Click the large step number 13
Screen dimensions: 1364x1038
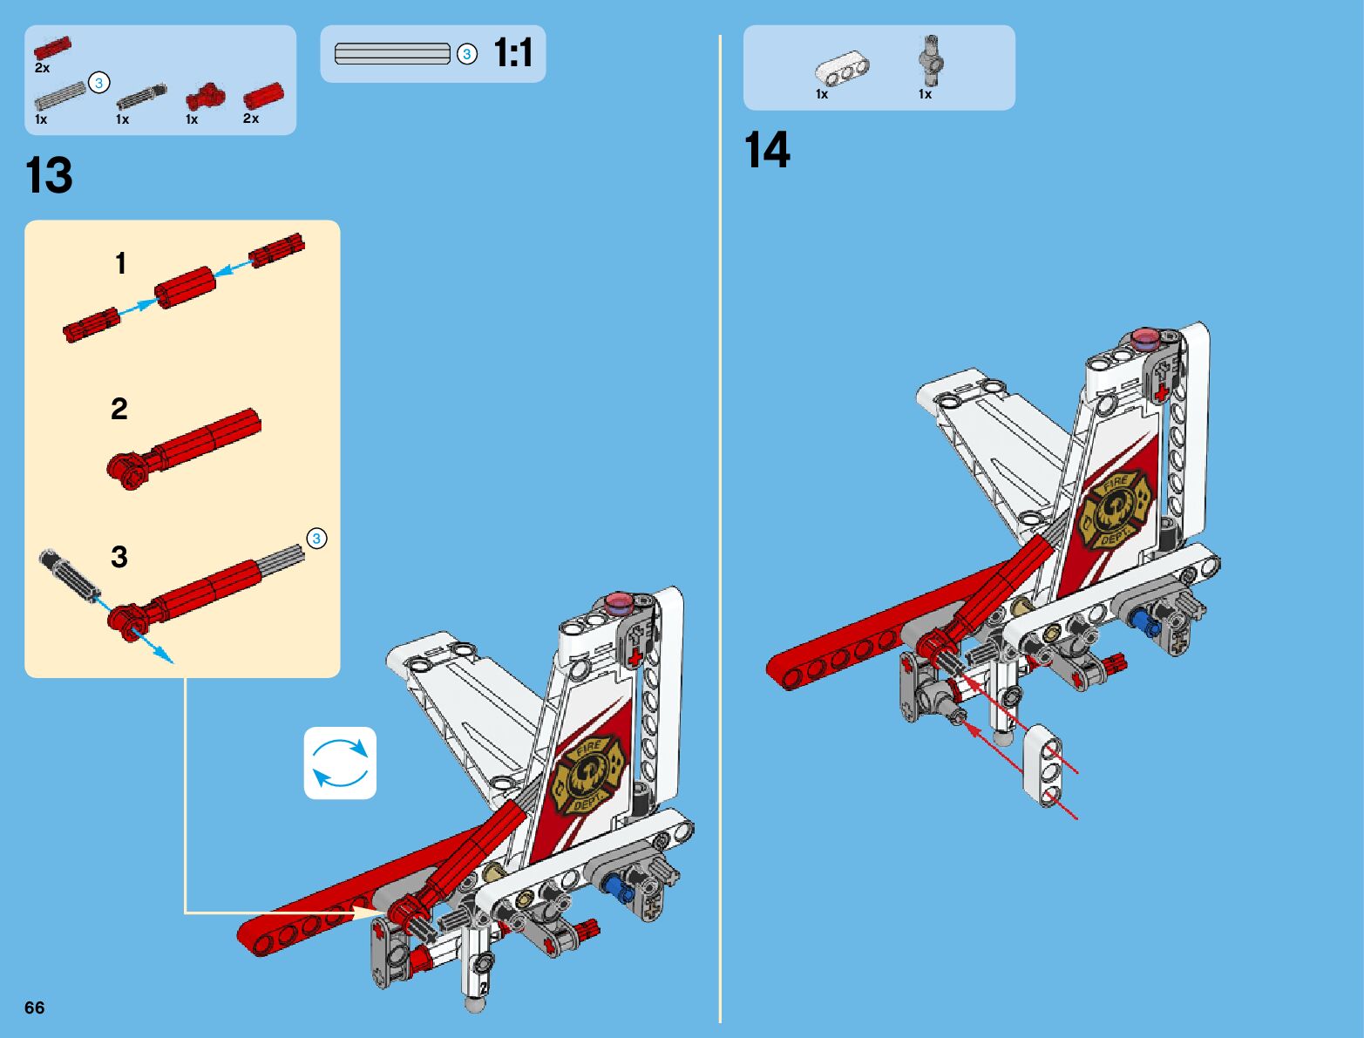click(50, 177)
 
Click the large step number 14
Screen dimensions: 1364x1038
click(767, 151)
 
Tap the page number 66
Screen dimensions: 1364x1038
click(34, 1007)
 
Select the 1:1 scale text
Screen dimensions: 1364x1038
click(513, 53)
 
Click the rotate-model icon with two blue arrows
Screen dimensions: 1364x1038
click(340, 763)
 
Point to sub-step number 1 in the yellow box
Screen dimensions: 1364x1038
click(121, 263)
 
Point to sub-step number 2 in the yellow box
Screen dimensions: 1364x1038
click(119, 409)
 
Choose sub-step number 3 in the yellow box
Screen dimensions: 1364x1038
click(119, 557)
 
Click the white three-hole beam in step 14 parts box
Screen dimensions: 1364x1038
click(842, 71)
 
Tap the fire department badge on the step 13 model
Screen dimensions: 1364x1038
click(588, 774)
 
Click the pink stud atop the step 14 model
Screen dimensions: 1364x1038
click(1146, 337)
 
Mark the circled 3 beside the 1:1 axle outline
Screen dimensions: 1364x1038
click(467, 55)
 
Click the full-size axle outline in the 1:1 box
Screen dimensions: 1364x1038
click(392, 54)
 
